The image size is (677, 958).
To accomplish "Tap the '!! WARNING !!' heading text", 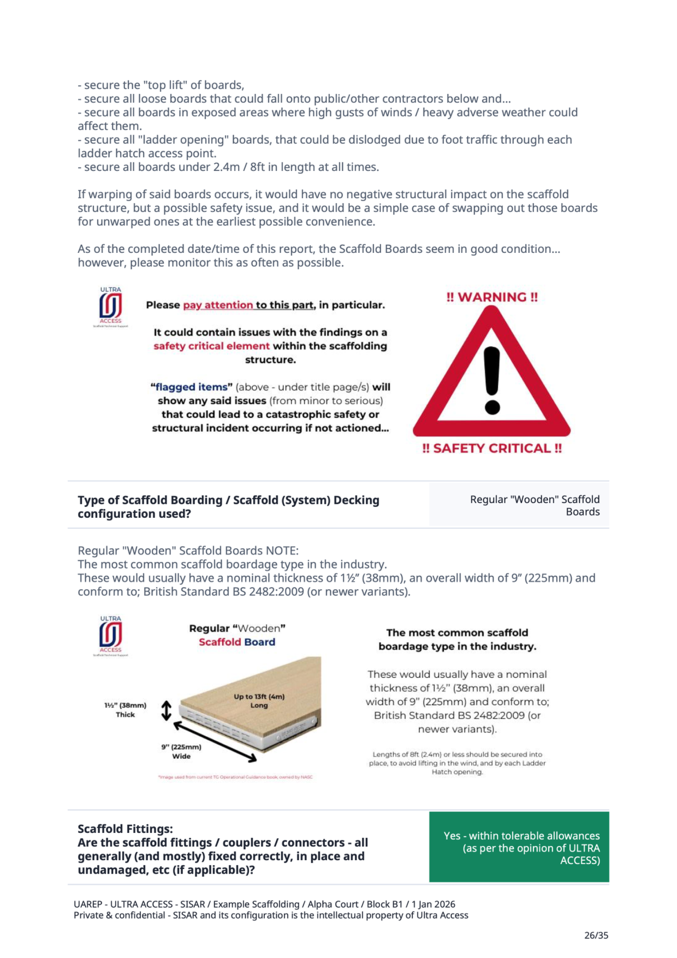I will coord(492,297).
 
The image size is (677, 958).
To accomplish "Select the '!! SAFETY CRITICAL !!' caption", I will coord(492,448).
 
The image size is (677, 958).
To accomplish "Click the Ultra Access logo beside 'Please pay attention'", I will coord(111,307).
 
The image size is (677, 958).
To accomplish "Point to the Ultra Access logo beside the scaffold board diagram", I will coord(111,636).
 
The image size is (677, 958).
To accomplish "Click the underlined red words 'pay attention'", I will coord(218,305).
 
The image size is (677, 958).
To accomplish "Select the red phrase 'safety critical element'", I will coord(211,346).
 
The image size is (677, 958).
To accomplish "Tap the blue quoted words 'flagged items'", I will coord(191,387).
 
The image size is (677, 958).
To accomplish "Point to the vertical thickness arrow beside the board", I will coord(166,710).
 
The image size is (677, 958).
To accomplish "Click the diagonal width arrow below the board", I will coord(215,741).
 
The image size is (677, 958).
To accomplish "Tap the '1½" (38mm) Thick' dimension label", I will coord(125,710).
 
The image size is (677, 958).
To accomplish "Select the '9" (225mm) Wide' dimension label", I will coord(181,752).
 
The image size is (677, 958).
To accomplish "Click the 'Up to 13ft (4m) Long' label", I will coord(259,701).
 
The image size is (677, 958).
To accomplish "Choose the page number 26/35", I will coord(596,935).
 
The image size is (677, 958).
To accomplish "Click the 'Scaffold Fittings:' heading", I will coord(125,829).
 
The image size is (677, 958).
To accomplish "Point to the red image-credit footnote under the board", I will coord(235,777).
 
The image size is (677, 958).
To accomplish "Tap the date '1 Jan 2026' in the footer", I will coord(433,904).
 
